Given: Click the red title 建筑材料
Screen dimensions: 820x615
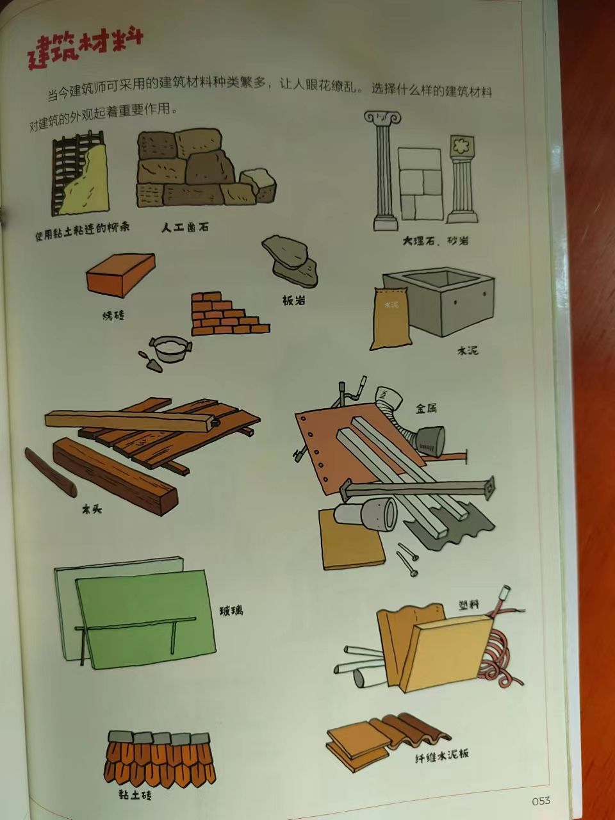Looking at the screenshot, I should tap(85, 49).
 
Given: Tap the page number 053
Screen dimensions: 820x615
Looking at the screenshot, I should tap(541, 800).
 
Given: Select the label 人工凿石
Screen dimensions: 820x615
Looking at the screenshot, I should tap(184, 227).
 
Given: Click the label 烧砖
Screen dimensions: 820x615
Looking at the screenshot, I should tap(113, 315).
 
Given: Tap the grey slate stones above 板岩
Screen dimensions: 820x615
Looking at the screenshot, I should tap(290, 259).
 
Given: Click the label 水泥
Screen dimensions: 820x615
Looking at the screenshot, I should tap(467, 350).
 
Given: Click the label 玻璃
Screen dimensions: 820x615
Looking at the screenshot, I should tap(231, 611).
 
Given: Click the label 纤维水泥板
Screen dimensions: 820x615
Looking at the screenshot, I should tap(441, 753).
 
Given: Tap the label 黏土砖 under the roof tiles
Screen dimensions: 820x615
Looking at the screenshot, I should tap(135, 795).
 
